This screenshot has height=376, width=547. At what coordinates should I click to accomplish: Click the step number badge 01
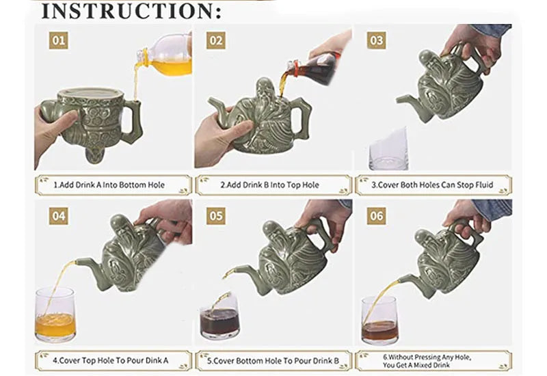59,40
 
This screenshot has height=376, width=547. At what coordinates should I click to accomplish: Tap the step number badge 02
216,40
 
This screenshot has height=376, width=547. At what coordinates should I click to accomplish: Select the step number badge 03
376,40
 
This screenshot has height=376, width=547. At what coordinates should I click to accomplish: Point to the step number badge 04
59,217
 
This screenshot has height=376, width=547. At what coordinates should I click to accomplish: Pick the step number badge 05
216,217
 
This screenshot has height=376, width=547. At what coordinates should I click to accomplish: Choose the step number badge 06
376,217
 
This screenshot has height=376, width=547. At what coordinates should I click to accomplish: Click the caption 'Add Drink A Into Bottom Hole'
110,185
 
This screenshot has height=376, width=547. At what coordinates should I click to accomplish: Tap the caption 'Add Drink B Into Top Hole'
270,185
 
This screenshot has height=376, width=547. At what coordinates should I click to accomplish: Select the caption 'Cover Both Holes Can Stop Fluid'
432,185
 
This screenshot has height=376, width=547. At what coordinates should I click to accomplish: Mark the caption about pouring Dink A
110,360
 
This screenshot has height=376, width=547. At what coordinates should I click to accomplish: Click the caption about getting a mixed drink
432,360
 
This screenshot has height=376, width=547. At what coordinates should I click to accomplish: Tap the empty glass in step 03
388,151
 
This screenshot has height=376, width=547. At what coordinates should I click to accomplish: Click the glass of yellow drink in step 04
55,315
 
